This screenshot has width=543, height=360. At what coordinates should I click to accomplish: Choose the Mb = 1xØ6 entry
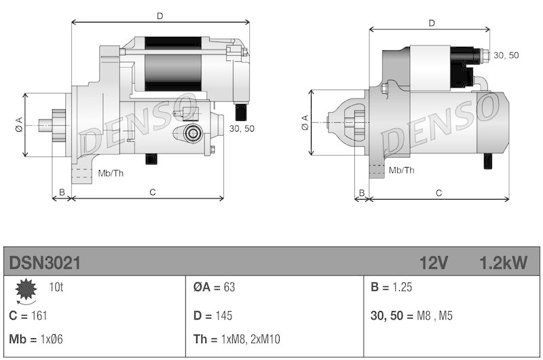tap(37, 339)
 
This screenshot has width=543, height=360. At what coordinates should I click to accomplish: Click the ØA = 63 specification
tap(214, 287)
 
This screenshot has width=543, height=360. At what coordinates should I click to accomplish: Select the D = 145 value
tap(213, 315)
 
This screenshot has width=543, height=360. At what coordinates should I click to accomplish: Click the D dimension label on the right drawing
tap(432, 23)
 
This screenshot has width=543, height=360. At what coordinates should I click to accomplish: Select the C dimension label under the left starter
tap(153, 193)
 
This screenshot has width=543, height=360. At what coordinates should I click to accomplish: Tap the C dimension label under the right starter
tap(439, 193)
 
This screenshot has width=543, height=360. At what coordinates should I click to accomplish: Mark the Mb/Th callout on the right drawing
tap(400, 170)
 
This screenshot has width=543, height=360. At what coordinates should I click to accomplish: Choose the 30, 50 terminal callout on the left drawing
tap(242, 128)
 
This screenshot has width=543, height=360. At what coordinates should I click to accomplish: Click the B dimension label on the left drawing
tap(62, 193)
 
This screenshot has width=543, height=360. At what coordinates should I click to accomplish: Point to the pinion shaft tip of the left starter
tap(42, 124)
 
